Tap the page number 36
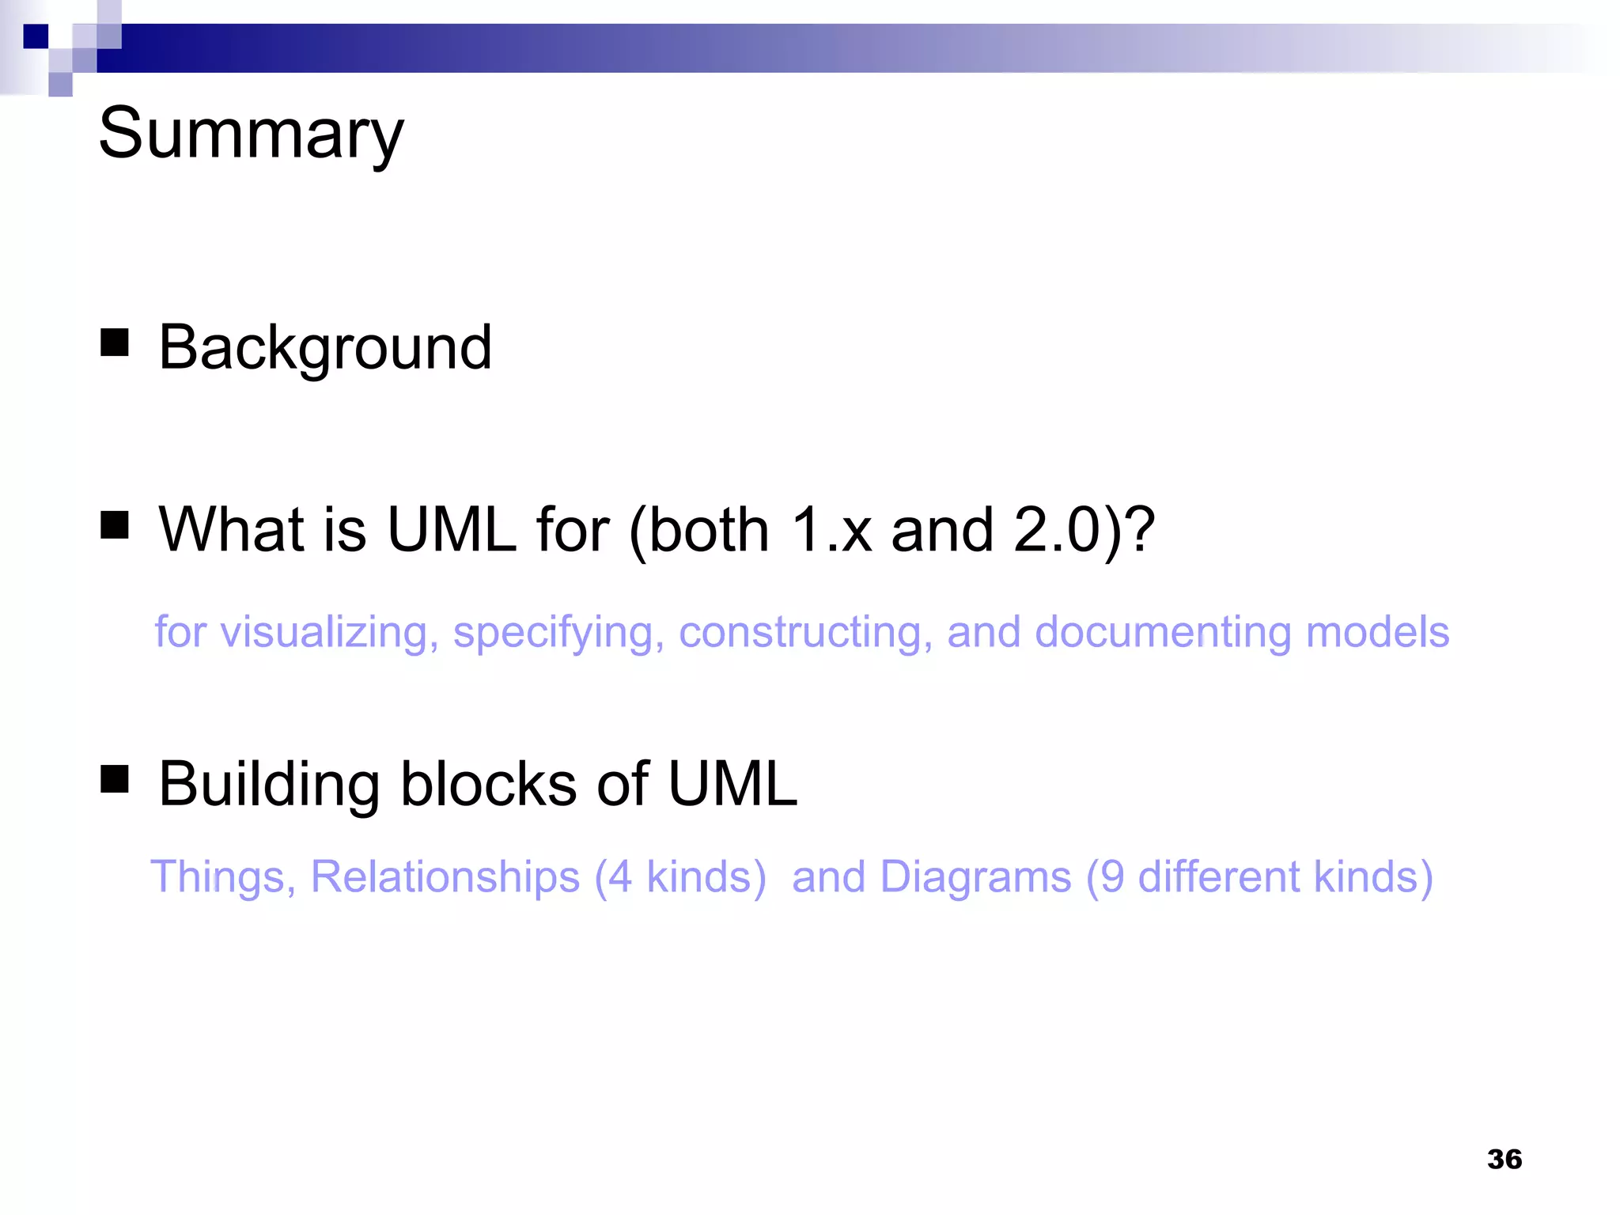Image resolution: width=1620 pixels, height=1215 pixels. click(x=1504, y=1159)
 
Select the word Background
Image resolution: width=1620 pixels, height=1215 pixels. click(x=325, y=348)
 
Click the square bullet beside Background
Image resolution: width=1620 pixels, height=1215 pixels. click(x=115, y=343)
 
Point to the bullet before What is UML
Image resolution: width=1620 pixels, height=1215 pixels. click(x=115, y=524)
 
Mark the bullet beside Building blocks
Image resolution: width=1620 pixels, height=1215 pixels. click(x=115, y=778)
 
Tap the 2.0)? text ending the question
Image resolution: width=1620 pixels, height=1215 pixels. click(x=1084, y=529)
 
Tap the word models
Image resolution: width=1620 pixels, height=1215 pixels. click(x=1377, y=633)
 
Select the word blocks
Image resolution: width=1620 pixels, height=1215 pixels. click(x=488, y=785)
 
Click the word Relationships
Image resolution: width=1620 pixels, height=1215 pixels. click(x=445, y=877)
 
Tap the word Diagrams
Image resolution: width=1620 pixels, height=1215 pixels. click(x=975, y=877)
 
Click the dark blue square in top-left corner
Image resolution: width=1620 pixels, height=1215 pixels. click(x=36, y=36)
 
